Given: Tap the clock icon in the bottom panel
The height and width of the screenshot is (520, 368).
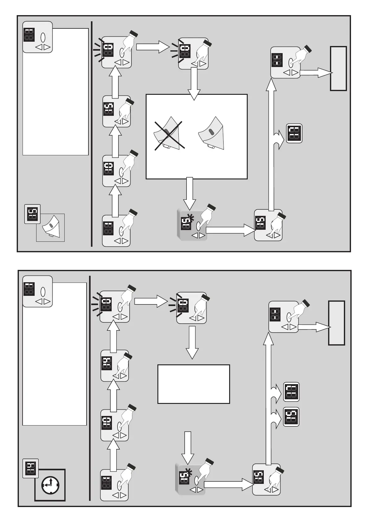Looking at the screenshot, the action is pyautogui.click(x=49, y=485).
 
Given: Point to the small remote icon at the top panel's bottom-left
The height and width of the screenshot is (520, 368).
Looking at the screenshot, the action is pyautogui.click(x=50, y=228).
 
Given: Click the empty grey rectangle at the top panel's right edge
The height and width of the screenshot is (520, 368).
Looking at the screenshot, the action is pyautogui.click(x=338, y=68).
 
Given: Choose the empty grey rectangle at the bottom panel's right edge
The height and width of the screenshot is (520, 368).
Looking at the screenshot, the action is pyautogui.click(x=336, y=323).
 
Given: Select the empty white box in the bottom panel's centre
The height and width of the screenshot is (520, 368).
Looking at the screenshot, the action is pyautogui.click(x=194, y=384).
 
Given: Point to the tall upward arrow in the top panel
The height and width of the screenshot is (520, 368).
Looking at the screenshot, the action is pyautogui.click(x=272, y=145).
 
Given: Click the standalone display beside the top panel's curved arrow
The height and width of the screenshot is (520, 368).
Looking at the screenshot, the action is pyautogui.click(x=294, y=133).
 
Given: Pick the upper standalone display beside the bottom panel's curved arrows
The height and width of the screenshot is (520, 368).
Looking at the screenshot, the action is pyautogui.click(x=291, y=392).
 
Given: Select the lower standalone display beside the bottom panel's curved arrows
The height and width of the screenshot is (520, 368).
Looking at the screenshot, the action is pyautogui.click(x=291, y=417).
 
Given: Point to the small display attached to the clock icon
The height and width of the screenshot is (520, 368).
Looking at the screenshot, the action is pyautogui.click(x=31, y=468).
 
